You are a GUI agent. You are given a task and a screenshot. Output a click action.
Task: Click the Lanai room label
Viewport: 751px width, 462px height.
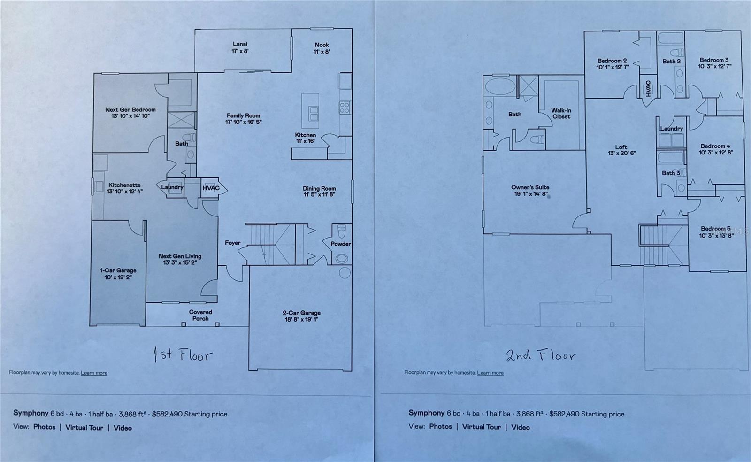click(240, 47)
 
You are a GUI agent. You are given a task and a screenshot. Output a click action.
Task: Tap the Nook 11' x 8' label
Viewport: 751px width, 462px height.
click(322, 48)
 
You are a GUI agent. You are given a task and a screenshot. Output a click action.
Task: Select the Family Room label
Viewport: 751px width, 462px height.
click(243, 119)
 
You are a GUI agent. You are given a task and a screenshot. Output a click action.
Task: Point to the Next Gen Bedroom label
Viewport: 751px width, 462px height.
click(130, 113)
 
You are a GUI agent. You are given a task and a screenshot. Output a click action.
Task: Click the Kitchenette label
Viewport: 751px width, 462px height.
click(124, 188)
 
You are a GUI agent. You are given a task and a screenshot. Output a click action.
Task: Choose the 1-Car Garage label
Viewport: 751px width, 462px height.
click(118, 274)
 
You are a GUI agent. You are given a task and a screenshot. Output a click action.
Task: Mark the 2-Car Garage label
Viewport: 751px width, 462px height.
click(301, 316)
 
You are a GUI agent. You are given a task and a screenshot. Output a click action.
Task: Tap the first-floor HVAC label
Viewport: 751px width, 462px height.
click(211, 188)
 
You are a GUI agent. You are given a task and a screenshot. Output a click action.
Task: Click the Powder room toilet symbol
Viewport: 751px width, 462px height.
click(342, 232)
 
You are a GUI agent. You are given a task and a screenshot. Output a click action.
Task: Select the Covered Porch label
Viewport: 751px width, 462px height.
click(200, 315)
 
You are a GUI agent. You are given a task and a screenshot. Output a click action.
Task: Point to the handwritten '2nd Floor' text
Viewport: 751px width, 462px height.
click(541, 355)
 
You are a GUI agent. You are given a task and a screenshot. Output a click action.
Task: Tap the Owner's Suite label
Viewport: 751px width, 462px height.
click(530, 190)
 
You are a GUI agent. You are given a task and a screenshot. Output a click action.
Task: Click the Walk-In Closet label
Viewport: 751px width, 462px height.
click(561, 114)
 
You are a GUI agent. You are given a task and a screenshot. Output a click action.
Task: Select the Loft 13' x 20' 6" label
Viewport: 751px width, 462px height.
click(621, 150)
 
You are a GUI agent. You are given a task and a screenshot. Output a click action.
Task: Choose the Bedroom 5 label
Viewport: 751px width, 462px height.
click(716, 232)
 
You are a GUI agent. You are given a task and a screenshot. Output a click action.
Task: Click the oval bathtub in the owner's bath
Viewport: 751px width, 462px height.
click(499, 87)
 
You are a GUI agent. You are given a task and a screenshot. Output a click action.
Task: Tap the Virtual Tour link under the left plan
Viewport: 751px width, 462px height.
click(84, 428)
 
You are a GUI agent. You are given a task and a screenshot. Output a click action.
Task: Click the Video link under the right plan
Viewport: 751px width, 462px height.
click(520, 427)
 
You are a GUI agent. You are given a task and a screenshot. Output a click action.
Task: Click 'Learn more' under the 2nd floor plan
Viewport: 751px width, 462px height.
click(490, 373)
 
